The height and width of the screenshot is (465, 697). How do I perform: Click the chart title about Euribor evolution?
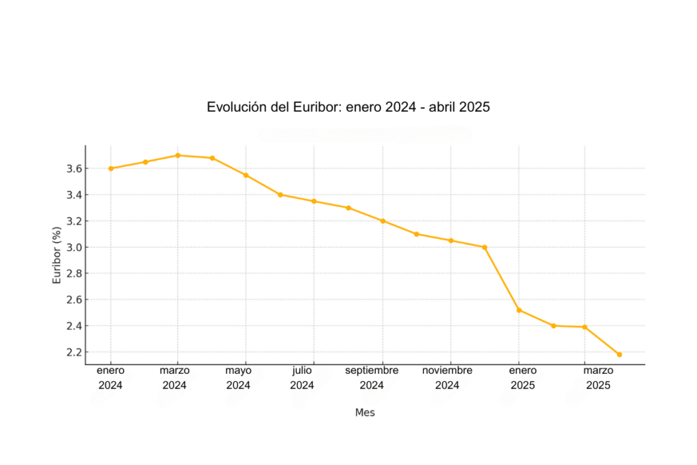pyautogui.click(x=348, y=108)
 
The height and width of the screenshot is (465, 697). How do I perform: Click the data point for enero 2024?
pyautogui.click(x=111, y=168)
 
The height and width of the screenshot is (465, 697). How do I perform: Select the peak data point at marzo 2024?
pyautogui.click(x=178, y=155)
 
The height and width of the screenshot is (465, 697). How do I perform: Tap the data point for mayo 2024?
pyautogui.click(x=246, y=175)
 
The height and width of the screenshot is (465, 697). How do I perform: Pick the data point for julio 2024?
pyautogui.click(x=314, y=201)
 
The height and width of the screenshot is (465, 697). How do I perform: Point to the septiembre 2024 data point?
pyautogui.click(x=383, y=221)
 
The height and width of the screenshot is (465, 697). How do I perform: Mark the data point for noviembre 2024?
pyautogui.click(x=451, y=240)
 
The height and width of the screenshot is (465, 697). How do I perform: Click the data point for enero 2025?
pyautogui.click(x=519, y=310)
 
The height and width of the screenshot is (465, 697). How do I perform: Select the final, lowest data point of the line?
pyautogui.click(x=619, y=354)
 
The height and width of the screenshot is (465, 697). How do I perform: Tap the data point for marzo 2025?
pyautogui.click(x=585, y=327)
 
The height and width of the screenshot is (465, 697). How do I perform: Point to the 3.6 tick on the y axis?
pyautogui.click(x=74, y=168)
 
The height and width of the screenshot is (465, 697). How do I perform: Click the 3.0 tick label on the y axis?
pyautogui.click(x=74, y=247)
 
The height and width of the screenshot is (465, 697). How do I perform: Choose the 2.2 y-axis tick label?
pyautogui.click(x=74, y=352)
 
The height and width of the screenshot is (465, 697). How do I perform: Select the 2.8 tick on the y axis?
pyautogui.click(x=74, y=273)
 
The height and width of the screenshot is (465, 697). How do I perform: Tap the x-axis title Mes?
pyautogui.click(x=365, y=413)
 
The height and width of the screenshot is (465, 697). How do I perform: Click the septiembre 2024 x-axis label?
pyautogui.click(x=372, y=378)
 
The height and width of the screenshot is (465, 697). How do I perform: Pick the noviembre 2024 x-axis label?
pyautogui.click(x=447, y=378)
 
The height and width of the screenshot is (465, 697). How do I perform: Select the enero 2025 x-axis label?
pyautogui.click(x=523, y=378)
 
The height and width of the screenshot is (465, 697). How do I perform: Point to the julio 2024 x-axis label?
pyautogui.click(x=302, y=378)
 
